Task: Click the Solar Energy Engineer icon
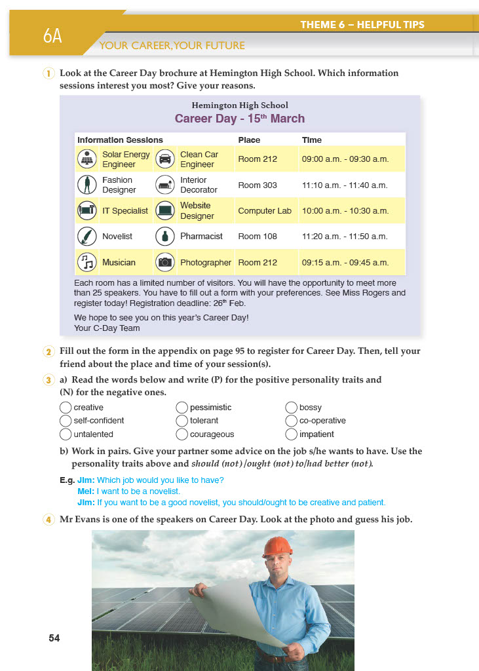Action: coord(86,159)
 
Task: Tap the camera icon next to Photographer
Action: coord(164,262)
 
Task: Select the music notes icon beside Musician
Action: coord(86,262)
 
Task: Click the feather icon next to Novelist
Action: coord(86,236)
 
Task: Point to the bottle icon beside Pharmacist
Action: coord(164,236)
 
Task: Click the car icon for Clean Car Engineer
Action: coord(164,159)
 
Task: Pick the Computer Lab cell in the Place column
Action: coord(265,211)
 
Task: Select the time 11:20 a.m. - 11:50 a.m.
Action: coord(345,236)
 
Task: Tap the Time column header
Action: coord(311,140)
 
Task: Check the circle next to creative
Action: coord(66,408)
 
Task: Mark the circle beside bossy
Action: coord(292,408)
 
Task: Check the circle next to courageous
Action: coord(182,434)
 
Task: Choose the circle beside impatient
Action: coord(292,434)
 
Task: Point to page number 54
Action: coord(54,638)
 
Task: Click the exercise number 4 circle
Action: coord(48,521)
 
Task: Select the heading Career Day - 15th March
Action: coord(239,119)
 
